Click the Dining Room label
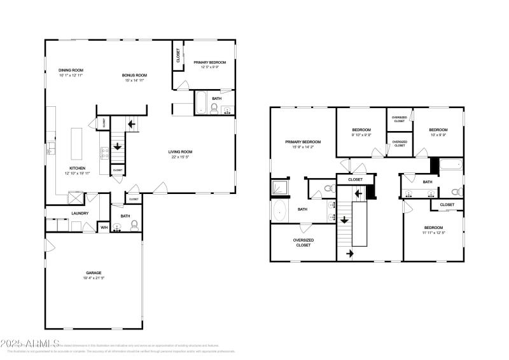(x=71, y=70)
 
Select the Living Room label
(x=181, y=151)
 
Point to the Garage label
(x=93, y=273)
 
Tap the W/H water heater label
(x=104, y=227)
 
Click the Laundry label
(x=80, y=213)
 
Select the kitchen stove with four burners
(x=103, y=151)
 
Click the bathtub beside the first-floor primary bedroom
(x=200, y=104)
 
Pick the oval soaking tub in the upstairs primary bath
(x=280, y=211)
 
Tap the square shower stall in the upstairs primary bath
(x=280, y=188)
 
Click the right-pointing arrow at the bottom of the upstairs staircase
(x=349, y=254)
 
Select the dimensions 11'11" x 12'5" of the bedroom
(x=434, y=232)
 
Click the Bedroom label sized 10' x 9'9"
(x=438, y=129)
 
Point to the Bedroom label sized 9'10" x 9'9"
(x=361, y=129)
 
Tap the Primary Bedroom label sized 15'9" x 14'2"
(x=303, y=141)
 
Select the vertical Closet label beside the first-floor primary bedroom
(x=178, y=56)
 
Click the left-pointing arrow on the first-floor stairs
(x=132, y=124)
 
